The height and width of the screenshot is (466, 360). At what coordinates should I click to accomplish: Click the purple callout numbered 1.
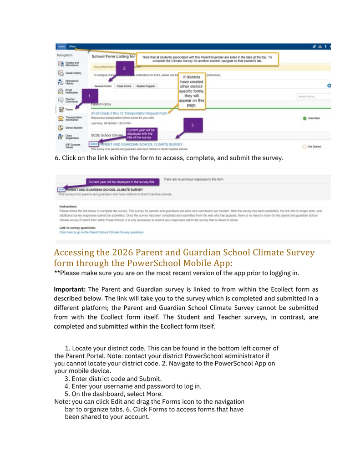pyautogui.click(x=90, y=96)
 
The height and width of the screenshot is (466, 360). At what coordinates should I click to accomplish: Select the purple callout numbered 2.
pyautogui.click(x=124, y=68)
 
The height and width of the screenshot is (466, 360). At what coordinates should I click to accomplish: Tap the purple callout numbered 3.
pyautogui.click(x=192, y=125)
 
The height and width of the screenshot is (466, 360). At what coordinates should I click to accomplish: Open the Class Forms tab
pyautogui.click(x=124, y=86)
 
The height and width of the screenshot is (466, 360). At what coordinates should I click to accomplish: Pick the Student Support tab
pyautogui.click(x=146, y=86)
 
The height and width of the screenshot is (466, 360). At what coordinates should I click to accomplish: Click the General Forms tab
pyautogui.click(x=102, y=86)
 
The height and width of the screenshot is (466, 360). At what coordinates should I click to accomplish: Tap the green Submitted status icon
pyautogui.click(x=304, y=118)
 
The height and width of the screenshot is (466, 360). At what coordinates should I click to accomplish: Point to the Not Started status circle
pyautogui.click(x=304, y=147)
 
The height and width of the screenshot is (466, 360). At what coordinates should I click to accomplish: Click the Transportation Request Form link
pyautogui.click(x=129, y=113)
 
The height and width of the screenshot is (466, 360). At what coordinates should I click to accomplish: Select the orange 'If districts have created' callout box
pyautogui.click(x=191, y=91)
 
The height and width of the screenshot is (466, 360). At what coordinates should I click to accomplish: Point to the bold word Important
pyautogui.click(x=70, y=289)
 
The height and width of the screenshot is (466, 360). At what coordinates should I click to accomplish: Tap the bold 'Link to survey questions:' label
pyautogui.click(x=78, y=227)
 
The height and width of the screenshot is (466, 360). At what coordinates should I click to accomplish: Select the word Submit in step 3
pyautogui.click(x=150, y=379)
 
